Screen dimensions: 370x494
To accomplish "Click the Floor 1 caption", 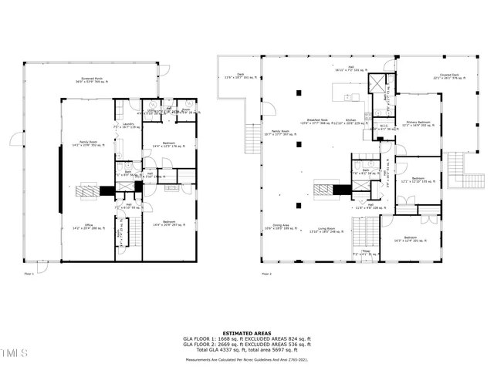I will pyautogui.click(x=30, y=274).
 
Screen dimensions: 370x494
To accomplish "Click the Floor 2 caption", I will pyautogui.click(x=266, y=274).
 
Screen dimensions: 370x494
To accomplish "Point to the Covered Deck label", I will pyautogui.click(x=441, y=76).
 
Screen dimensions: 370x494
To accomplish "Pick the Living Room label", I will pyautogui.click(x=326, y=228).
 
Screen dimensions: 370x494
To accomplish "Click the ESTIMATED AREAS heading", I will pyautogui.click(x=247, y=332).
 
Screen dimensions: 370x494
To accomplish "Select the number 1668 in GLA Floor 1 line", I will pyautogui.click(x=220, y=338).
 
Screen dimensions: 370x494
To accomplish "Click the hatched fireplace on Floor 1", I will pyautogui.click(x=90, y=187).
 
